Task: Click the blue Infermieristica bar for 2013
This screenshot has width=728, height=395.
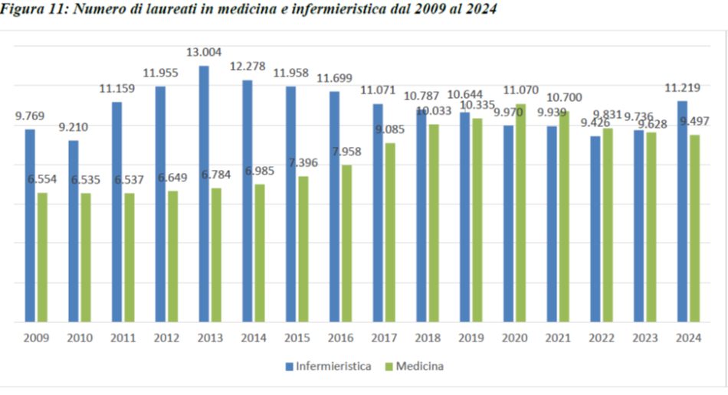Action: pyautogui.click(x=204, y=194)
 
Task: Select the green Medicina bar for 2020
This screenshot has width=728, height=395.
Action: pyautogui.click(x=522, y=214)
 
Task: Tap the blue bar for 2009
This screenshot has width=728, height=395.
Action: pyautogui.click(x=30, y=226)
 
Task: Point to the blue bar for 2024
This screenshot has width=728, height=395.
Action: pyautogui.click(x=682, y=212)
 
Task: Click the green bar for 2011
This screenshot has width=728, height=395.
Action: pyautogui.click(x=130, y=258)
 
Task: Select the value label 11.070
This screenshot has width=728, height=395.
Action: pyautogui.click(x=520, y=91)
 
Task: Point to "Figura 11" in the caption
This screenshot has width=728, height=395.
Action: pyautogui.click(x=27, y=9)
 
